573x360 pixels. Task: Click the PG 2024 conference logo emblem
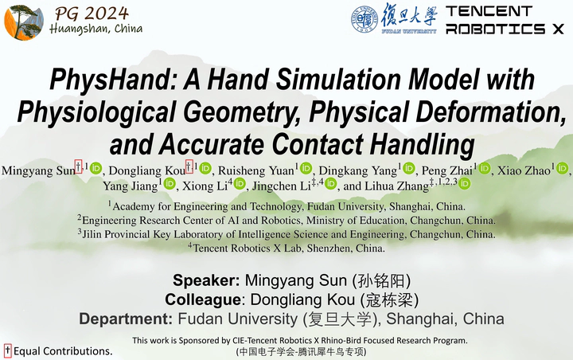24,22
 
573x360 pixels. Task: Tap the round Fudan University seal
364,19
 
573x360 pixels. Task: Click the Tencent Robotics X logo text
505,20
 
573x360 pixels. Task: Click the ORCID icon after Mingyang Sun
95,169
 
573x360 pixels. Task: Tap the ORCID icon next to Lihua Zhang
465,183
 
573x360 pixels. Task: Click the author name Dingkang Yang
358,170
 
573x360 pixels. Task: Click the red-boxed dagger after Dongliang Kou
189,166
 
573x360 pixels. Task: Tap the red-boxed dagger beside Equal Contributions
8,350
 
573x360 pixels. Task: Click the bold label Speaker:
206,280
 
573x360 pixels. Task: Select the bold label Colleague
202,299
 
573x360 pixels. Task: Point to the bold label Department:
126,319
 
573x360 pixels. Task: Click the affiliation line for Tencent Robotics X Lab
286,248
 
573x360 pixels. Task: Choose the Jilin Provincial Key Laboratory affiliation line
286,234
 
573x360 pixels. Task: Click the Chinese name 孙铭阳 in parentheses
381,280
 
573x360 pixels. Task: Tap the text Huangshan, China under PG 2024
96,29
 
